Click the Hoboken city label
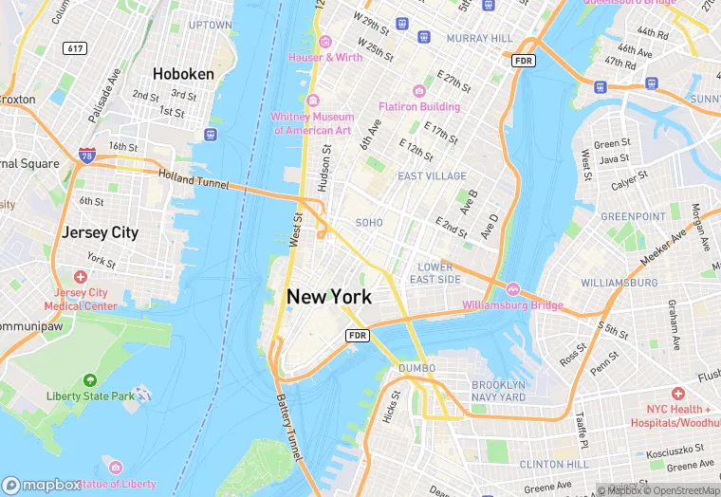(x=183, y=73)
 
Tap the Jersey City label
(x=100, y=232)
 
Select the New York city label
(x=329, y=297)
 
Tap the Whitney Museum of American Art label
(x=312, y=122)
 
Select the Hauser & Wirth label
(x=325, y=57)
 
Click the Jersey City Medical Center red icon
(x=81, y=277)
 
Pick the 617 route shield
(x=74, y=47)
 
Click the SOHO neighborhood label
(x=368, y=222)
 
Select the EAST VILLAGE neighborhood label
(x=432, y=176)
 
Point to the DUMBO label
(x=416, y=367)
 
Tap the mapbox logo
(x=42, y=485)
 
